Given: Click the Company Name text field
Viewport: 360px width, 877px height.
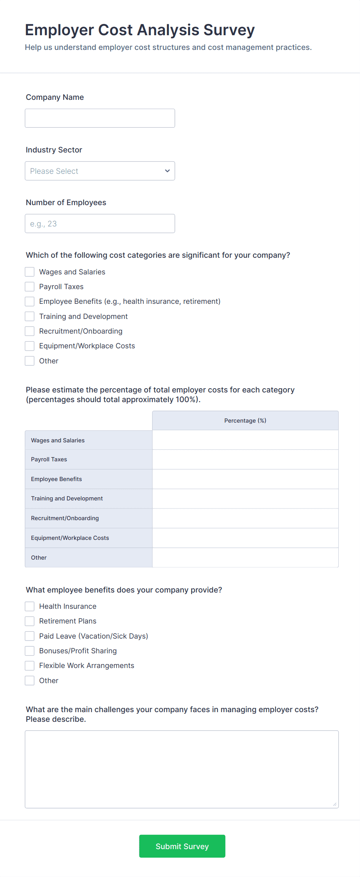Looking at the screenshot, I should (100, 118).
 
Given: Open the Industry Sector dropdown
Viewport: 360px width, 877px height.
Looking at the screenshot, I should (100, 171).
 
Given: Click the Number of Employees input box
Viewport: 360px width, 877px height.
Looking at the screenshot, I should (100, 223).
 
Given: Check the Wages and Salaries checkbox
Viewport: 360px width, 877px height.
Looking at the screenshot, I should (30, 272).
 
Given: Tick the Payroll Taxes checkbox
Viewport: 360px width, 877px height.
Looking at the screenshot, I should (30, 286).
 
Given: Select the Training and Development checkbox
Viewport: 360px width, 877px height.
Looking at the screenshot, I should (30, 316).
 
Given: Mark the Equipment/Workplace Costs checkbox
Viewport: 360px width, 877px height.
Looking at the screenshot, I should (30, 346).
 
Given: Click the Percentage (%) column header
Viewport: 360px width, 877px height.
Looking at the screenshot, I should (245, 421).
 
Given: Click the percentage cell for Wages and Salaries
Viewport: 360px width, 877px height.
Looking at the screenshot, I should (245, 440).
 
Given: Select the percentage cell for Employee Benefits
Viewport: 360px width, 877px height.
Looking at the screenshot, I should (245, 479).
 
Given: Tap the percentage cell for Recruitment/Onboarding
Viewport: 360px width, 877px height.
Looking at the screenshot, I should (245, 518).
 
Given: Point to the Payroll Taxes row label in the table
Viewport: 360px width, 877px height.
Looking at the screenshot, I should (49, 459).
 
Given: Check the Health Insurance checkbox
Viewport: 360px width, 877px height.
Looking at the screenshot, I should (30, 606).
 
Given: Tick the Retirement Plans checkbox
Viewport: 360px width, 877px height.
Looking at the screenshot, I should (30, 621).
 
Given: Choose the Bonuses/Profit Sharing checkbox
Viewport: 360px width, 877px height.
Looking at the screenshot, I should (30, 651).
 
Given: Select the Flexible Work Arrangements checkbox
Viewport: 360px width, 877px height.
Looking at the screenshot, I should (30, 665).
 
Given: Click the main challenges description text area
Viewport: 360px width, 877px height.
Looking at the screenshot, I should (182, 769).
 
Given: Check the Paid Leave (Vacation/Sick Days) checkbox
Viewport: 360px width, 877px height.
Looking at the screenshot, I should (30, 636).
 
